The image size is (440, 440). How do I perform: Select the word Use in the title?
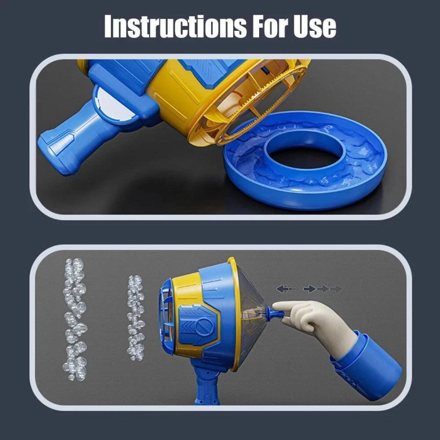click(x=315, y=27)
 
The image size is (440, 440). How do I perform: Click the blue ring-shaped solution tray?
click(x=306, y=182)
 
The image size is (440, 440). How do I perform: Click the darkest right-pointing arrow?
click(x=309, y=289)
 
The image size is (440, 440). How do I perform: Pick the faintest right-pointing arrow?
click(x=336, y=289)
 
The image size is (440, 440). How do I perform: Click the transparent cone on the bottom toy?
click(x=252, y=311)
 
